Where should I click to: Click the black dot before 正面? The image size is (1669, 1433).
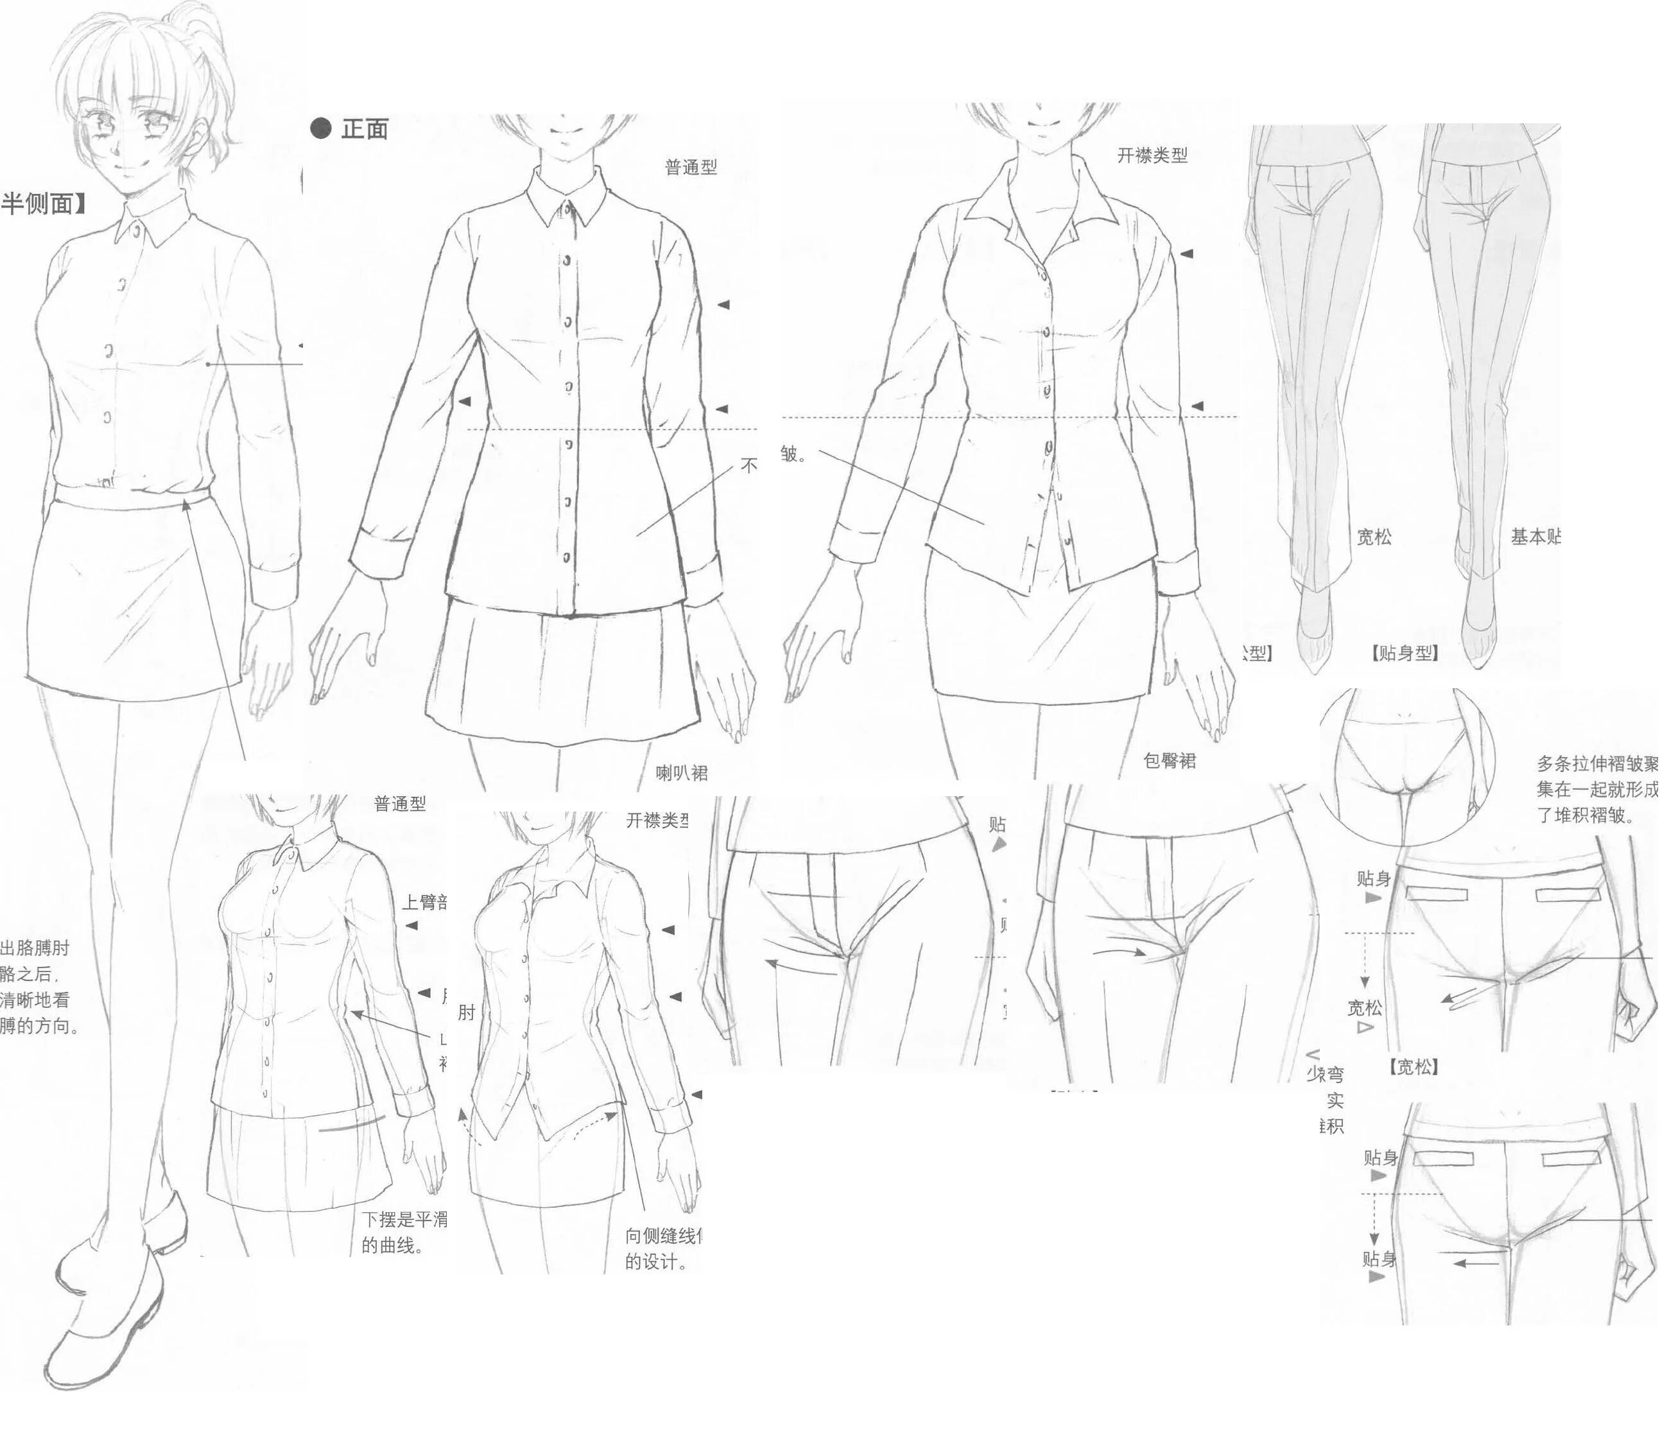click(x=320, y=128)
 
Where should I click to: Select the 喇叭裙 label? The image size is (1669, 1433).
click(x=682, y=773)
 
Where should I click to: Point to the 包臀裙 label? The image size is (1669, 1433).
click(x=1170, y=760)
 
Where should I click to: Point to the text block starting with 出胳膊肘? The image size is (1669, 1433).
click(x=38, y=986)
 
